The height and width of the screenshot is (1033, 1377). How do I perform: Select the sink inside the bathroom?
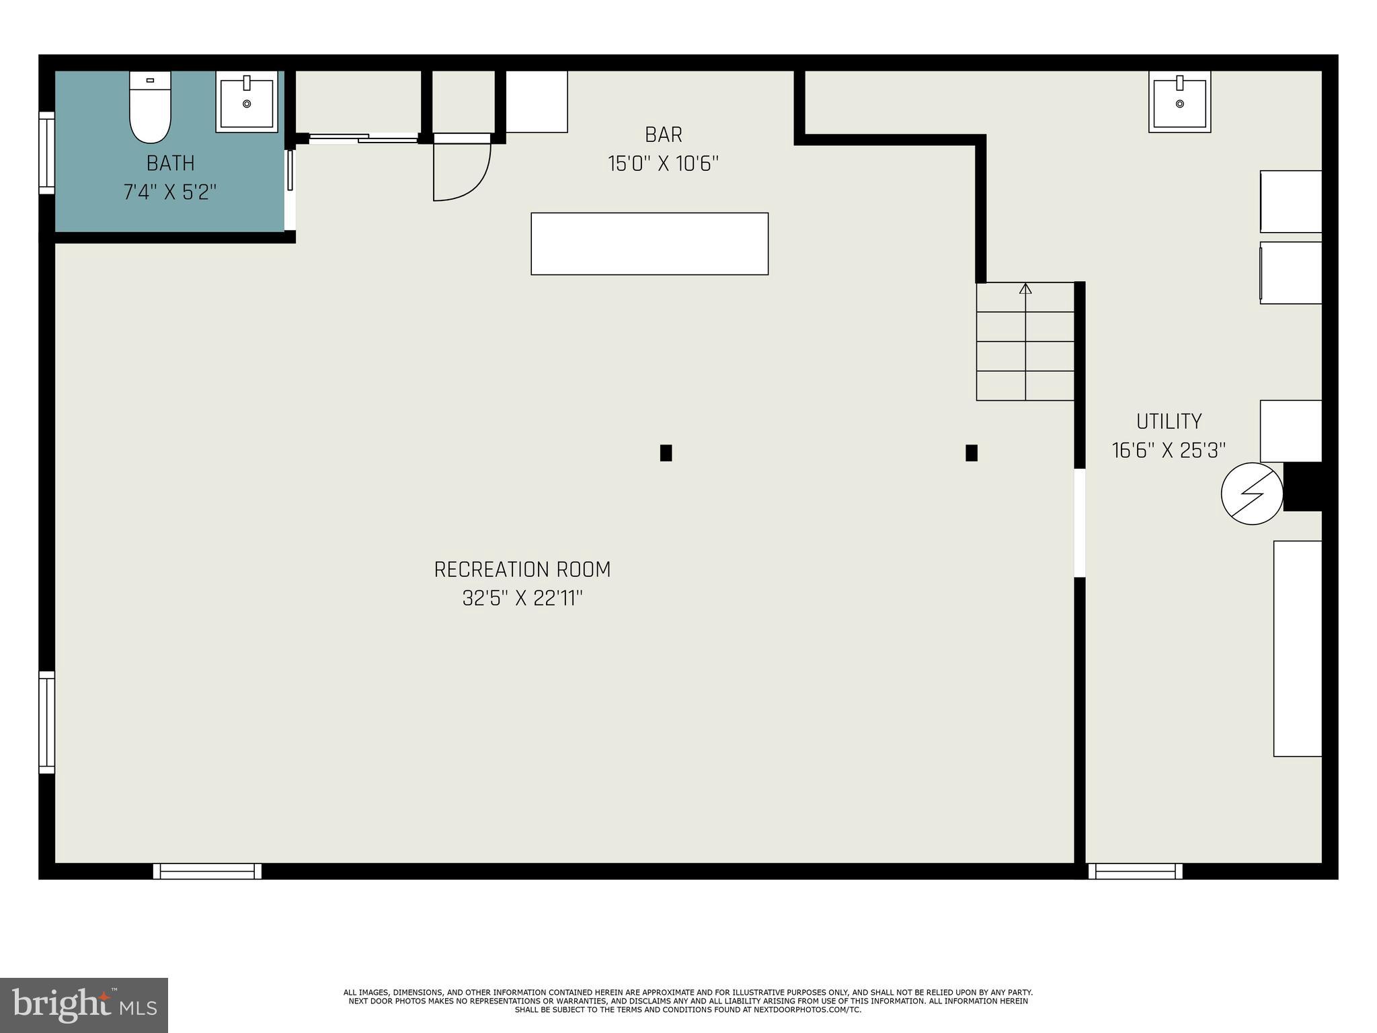coord(247,102)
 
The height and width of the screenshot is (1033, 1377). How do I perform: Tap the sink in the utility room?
coord(1179,102)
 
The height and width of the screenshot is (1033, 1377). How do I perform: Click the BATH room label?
coord(171,163)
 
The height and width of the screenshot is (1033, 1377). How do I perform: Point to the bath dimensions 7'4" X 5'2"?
coord(170,192)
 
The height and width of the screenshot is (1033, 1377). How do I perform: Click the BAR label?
coord(664,135)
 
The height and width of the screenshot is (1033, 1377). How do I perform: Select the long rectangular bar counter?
coord(650,243)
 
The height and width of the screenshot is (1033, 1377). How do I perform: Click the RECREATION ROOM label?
coord(522,570)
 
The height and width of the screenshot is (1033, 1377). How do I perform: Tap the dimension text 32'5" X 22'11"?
coord(522,599)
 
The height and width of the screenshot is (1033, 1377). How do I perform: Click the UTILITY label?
coord(1169,422)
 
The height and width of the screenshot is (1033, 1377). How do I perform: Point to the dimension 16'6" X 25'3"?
coord(1169,451)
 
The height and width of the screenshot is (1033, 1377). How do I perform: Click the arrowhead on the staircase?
coord(1025,289)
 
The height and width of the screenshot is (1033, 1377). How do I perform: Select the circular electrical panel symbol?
coord(1251,494)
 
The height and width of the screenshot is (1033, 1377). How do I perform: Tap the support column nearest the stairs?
coord(971,453)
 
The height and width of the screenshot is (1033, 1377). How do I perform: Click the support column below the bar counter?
coord(666,453)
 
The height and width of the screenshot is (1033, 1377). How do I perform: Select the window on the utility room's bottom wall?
coord(1135,871)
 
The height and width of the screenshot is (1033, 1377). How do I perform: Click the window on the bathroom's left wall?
coord(46,153)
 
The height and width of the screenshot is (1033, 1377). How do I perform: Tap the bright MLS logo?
coord(84,1005)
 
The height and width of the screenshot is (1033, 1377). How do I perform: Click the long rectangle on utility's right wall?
coord(1297,648)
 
